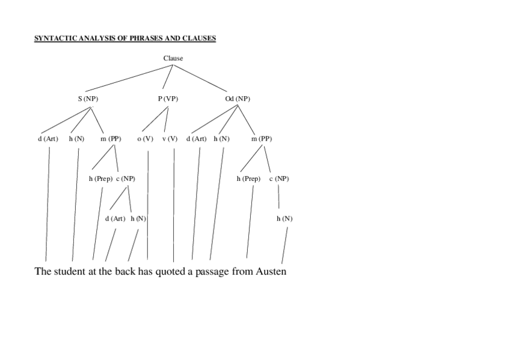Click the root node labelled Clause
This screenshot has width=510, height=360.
[x=173, y=58]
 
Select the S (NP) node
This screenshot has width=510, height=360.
[x=88, y=99]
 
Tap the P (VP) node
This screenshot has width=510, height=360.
[x=168, y=99]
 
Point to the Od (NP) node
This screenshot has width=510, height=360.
[x=238, y=99]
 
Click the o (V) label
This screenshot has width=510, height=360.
[x=145, y=139]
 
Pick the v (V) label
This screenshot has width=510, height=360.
[x=170, y=139]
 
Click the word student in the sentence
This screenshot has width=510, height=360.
[x=70, y=272]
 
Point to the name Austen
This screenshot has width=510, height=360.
[x=271, y=272]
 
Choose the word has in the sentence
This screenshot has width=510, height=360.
[x=146, y=272]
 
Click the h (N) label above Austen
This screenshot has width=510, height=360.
[x=284, y=219]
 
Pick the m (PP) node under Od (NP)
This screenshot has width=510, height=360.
[x=261, y=139]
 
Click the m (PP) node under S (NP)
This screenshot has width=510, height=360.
[x=111, y=139]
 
